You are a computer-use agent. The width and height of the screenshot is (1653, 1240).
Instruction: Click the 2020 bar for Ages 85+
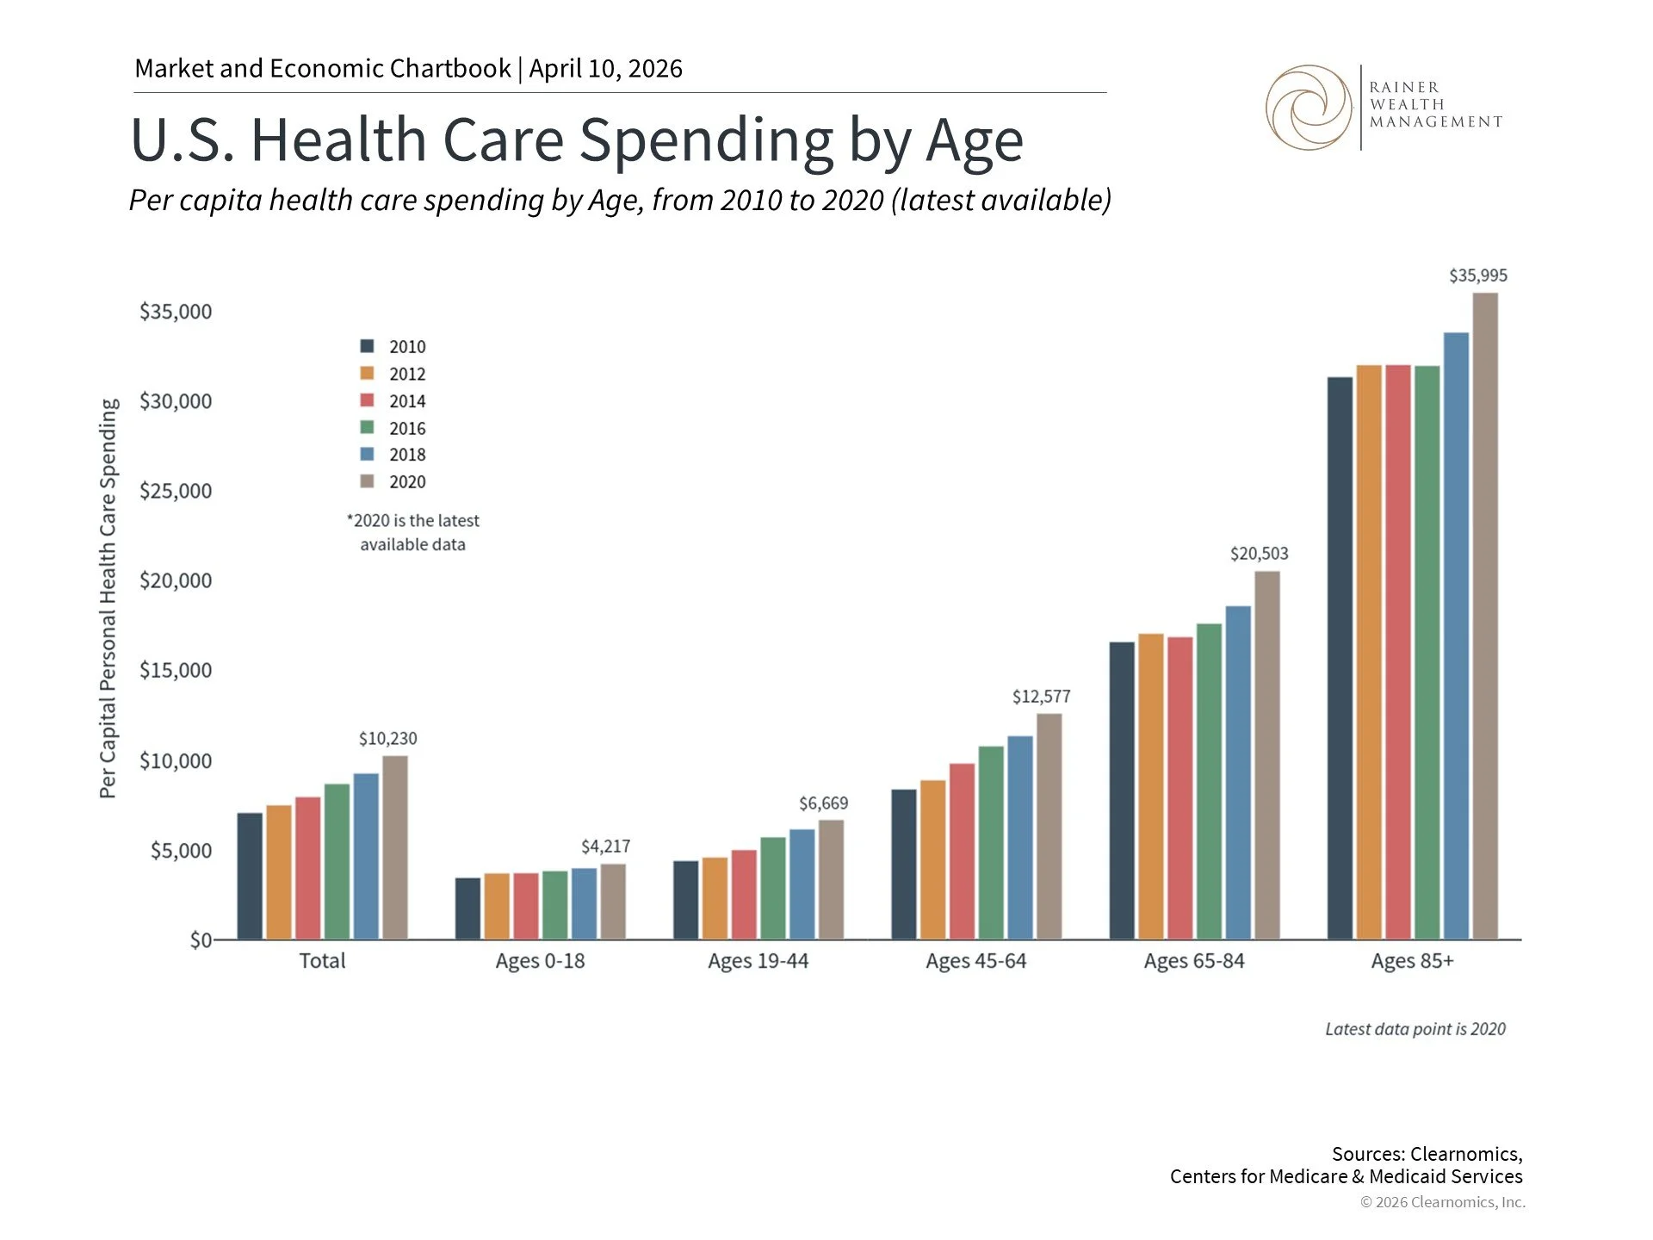(x=1485, y=616)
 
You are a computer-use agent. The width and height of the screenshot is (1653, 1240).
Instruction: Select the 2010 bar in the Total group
(x=250, y=876)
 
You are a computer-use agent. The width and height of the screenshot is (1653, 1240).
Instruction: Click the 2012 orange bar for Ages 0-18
(x=497, y=906)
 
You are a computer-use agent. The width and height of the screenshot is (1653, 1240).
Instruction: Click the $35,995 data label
(x=1477, y=276)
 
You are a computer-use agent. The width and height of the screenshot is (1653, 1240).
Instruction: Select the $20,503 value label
(x=1259, y=554)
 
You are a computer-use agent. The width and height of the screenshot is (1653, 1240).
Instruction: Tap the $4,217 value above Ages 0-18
(x=605, y=846)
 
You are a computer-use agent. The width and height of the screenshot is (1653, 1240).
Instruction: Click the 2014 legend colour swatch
(x=368, y=400)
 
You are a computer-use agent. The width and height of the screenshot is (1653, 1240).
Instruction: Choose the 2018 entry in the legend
(x=406, y=455)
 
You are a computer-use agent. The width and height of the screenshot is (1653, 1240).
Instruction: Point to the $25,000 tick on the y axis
(x=176, y=491)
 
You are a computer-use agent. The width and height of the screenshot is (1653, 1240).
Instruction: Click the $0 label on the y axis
(x=201, y=939)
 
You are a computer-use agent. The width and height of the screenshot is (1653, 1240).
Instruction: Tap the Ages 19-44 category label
(x=758, y=961)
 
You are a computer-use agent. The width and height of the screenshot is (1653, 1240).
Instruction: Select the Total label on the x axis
(x=322, y=961)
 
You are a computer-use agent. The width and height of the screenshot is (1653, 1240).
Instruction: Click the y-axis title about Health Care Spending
(x=108, y=598)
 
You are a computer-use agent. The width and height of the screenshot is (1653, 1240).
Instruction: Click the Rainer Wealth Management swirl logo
(x=1309, y=108)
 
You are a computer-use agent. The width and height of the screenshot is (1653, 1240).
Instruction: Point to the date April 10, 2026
(x=605, y=69)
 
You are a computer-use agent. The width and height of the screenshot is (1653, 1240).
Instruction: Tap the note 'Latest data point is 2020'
(x=1415, y=1029)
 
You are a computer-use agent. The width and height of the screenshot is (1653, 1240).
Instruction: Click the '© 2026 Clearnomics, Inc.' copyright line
(x=1442, y=1202)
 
